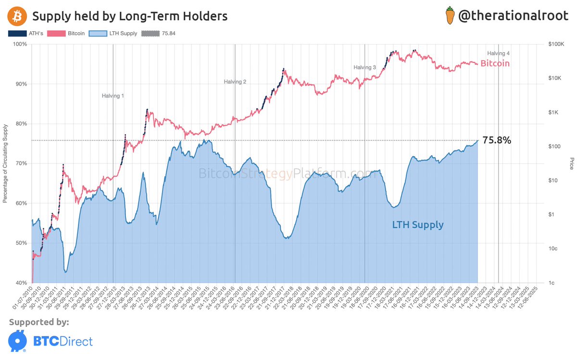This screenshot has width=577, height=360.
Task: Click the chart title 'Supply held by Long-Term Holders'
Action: pyautogui.click(x=129, y=17)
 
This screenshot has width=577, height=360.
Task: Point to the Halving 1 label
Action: pyautogui.click(x=113, y=96)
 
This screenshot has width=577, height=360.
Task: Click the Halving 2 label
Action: pyautogui.click(x=235, y=82)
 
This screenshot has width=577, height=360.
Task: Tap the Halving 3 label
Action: pyautogui.click(x=365, y=68)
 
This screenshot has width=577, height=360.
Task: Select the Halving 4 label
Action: pyautogui.click(x=498, y=53)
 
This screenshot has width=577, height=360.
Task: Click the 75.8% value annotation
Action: pyautogui.click(x=497, y=141)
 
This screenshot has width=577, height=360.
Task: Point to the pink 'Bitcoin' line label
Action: pyautogui.click(x=495, y=63)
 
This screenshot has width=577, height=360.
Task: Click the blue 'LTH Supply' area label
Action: pyautogui.click(x=417, y=224)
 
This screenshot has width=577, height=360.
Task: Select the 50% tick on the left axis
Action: pyautogui.click(x=21, y=243)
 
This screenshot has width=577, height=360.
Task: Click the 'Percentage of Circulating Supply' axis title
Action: pyautogui.click(x=6, y=163)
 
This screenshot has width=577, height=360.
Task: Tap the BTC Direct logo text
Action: pyautogui.click(x=63, y=341)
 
